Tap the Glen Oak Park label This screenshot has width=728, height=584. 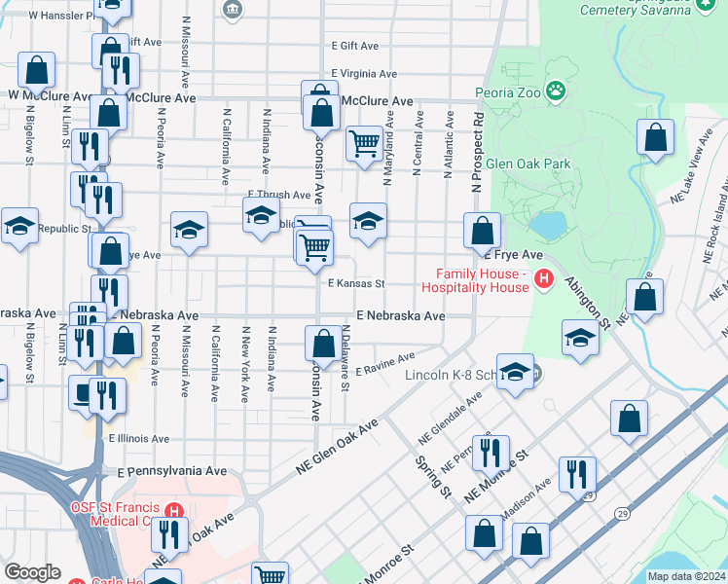[x=528, y=164]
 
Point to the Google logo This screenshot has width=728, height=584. [x=32, y=572]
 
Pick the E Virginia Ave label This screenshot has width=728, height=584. [x=364, y=74]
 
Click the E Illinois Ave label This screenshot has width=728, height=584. [x=139, y=439]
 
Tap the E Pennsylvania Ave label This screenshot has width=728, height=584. [x=170, y=471]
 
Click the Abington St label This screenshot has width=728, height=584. [x=592, y=301]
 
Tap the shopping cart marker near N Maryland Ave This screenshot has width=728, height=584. [x=364, y=143]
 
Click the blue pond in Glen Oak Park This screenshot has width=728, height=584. [x=549, y=226]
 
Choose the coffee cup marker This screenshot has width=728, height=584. [x=81, y=391]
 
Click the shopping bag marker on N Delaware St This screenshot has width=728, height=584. [x=322, y=343]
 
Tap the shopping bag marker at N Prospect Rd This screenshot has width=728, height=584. [x=482, y=231]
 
